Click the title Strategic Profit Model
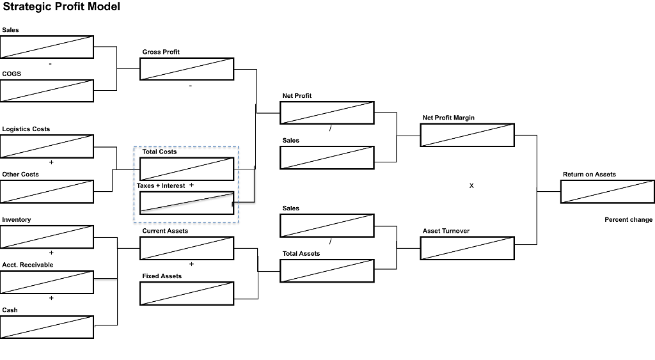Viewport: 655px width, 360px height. (x=60, y=7)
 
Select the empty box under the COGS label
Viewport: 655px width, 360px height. (x=47, y=91)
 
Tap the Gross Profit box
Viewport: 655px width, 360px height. (x=187, y=68)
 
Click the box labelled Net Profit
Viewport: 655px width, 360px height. (x=327, y=113)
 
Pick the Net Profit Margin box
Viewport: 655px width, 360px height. (x=467, y=135)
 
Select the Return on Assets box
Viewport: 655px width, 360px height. (x=607, y=191)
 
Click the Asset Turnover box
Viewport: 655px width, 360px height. (x=467, y=248)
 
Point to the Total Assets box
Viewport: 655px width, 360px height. (x=327, y=270)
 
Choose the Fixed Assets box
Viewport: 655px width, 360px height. (x=187, y=293)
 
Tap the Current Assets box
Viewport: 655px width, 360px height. (x=187, y=248)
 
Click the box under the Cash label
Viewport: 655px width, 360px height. (x=47, y=327)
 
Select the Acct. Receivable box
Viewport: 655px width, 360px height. (x=47, y=282)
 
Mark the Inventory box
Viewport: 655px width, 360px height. (x=47, y=237)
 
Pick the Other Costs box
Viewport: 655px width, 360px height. (x=47, y=191)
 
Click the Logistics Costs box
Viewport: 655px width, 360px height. (x=47, y=146)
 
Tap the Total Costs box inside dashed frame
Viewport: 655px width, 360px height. (x=187, y=169)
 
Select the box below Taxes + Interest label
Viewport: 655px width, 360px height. (x=187, y=202)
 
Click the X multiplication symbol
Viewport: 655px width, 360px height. (x=471, y=185)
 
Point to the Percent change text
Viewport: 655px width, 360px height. (x=628, y=219)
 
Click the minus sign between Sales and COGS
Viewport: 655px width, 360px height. (x=50, y=64)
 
